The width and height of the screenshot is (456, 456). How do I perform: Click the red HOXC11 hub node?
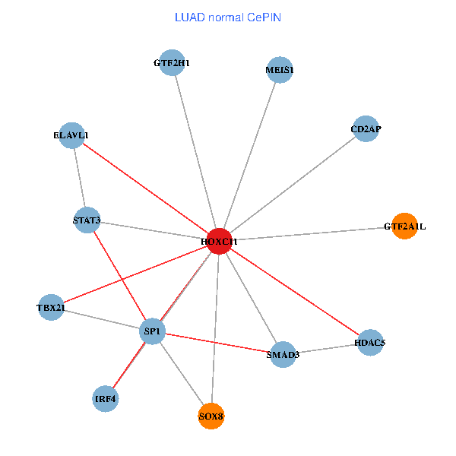(x=219, y=241)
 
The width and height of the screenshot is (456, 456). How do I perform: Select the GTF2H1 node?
(x=171, y=63)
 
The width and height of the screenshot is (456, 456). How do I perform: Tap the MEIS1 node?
(x=280, y=71)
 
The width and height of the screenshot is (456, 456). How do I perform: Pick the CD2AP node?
(x=366, y=129)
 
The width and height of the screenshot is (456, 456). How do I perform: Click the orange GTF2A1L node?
(x=404, y=226)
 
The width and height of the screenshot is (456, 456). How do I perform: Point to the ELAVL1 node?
(x=71, y=135)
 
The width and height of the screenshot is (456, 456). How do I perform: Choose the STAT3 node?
(x=87, y=220)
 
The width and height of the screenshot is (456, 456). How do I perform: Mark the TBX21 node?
(x=51, y=307)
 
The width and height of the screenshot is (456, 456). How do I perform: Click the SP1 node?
(x=153, y=331)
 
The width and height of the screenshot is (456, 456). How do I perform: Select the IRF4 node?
(x=106, y=398)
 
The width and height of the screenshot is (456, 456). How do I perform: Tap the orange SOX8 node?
(x=211, y=416)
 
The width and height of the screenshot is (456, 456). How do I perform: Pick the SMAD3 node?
(x=281, y=354)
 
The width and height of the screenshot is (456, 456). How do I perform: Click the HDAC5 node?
(x=369, y=343)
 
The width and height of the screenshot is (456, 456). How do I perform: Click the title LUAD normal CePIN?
(x=228, y=17)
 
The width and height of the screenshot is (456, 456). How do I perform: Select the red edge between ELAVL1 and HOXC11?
(x=145, y=188)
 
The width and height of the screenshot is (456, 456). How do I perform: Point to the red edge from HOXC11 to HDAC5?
(x=294, y=292)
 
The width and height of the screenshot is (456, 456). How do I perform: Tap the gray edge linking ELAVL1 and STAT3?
(x=79, y=178)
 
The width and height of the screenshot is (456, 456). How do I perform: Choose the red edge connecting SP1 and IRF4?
(x=129, y=365)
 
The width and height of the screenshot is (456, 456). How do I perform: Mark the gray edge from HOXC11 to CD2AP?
(x=293, y=185)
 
